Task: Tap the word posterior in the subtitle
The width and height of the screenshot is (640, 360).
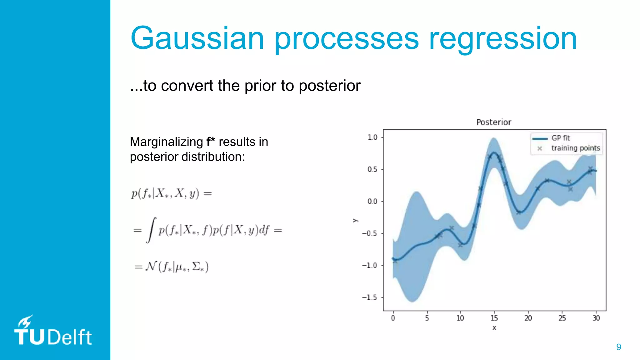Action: click(x=329, y=86)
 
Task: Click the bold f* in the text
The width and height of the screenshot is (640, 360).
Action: click(x=211, y=142)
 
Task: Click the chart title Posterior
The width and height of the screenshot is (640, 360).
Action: click(x=493, y=122)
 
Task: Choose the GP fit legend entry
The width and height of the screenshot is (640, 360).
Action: click(x=560, y=138)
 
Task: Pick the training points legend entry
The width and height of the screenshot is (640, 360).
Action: click(x=575, y=148)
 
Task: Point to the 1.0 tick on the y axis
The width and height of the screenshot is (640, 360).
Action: click(x=372, y=137)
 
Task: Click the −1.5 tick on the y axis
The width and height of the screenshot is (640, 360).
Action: click(x=370, y=297)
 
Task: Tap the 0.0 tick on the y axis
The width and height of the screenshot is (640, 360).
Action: click(x=372, y=202)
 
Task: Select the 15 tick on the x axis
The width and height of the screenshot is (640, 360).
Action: click(x=494, y=318)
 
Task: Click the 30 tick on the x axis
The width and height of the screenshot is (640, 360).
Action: click(x=596, y=318)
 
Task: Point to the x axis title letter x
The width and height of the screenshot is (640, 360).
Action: click(x=494, y=328)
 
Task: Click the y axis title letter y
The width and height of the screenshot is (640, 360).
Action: click(x=355, y=220)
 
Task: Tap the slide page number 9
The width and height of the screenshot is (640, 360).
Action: click(x=618, y=347)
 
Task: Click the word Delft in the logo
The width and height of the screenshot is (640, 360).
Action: click(x=70, y=337)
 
